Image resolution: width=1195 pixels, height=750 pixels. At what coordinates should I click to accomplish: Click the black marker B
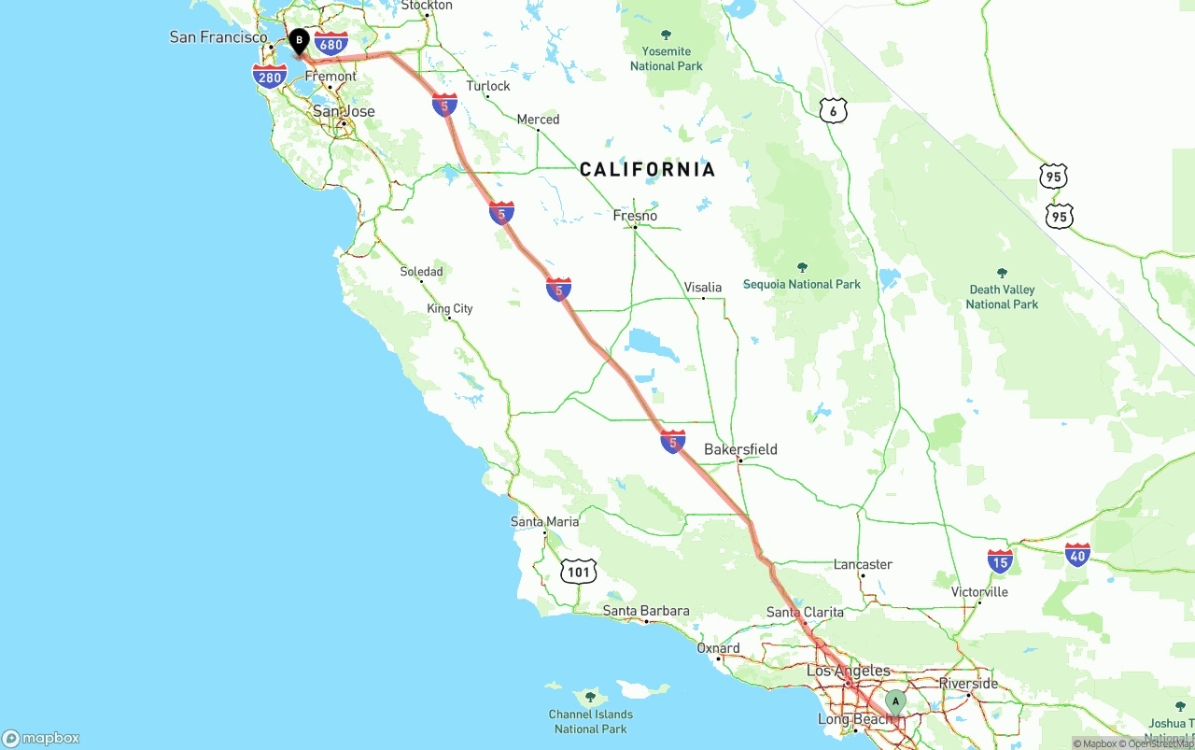(299, 41)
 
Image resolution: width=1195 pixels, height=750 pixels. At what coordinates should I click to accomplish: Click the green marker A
(895, 701)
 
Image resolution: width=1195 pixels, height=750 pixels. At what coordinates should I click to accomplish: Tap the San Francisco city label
(218, 37)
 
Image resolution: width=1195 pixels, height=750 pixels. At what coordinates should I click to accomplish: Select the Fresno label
(635, 216)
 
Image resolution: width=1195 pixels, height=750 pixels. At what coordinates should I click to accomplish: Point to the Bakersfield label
(740, 449)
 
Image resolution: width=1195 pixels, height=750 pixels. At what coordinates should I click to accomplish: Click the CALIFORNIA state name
(647, 169)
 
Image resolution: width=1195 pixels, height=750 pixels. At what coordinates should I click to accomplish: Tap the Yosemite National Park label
(667, 58)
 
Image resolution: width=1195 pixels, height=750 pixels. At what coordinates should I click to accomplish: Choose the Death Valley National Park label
(1002, 296)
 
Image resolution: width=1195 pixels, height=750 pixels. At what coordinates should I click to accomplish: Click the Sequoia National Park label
(801, 284)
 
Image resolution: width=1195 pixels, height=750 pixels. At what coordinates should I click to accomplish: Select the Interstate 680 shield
(330, 43)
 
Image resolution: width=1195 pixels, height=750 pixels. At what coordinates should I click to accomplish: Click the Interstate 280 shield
(270, 77)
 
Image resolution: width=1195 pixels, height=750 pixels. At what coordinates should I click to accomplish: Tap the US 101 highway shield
(579, 572)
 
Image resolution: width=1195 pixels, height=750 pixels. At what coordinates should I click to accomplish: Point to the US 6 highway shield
(833, 111)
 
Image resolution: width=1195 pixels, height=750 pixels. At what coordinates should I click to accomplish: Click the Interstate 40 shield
(1077, 555)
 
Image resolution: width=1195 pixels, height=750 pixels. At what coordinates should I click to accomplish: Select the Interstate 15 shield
(1001, 561)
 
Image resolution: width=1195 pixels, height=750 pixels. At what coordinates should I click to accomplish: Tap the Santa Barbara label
(646, 611)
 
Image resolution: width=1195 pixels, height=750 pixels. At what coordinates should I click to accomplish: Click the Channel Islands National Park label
(590, 721)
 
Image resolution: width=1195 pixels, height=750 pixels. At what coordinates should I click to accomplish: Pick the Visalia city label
(703, 287)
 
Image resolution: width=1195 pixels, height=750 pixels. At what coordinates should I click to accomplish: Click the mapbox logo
(41, 738)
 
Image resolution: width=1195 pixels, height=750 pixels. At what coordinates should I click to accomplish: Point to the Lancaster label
(863, 564)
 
